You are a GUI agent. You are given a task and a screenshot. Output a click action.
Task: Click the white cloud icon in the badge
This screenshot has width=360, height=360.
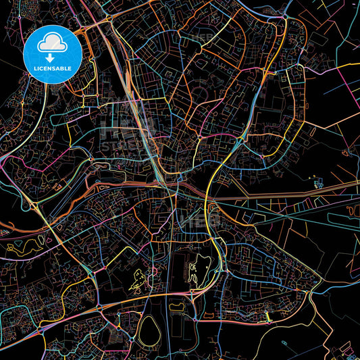[x=51, y=43]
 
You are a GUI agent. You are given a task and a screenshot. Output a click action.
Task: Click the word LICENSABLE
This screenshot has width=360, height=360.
[x=51, y=68]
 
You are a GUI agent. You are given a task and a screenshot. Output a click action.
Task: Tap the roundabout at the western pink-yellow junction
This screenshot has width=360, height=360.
[x=32, y=205]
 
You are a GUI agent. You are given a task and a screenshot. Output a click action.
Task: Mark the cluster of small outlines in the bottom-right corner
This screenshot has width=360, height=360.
[x=349, y=351]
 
